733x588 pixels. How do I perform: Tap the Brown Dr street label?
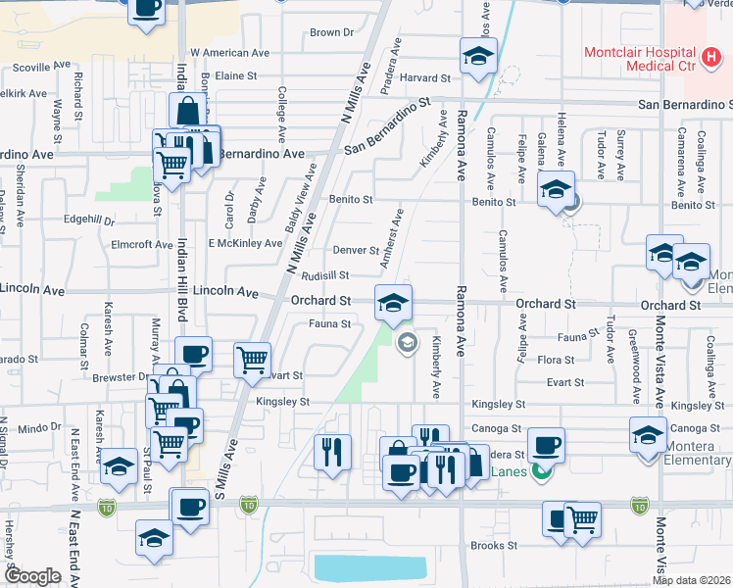click(x=331, y=32)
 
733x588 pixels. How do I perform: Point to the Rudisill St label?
click(x=325, y=276)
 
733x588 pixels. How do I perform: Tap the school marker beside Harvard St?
click(x=478, y=57)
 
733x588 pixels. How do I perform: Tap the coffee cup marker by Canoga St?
click(x=546, y=445)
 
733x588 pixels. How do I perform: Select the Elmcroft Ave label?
click(x=142, y=244)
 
